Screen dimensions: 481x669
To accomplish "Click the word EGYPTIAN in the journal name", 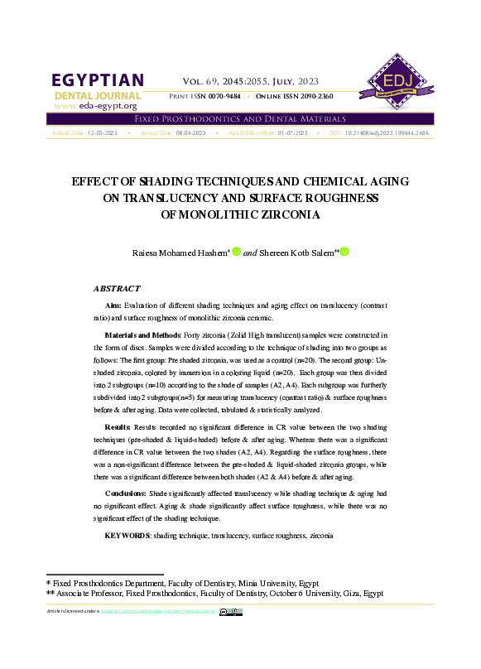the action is pyautogui.click(x=98, y=80).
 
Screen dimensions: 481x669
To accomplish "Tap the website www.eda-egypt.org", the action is pyautogui.click(x=95, y=106).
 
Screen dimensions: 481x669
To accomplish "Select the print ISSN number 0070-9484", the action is pyautogui.click(x=223, y=97).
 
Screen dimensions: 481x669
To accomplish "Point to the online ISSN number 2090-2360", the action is pyautogui.click(x=315, y=97).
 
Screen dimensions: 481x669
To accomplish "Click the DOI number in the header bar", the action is pyautogui.click(x=386, y=132).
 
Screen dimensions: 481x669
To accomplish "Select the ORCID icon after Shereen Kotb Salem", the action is pyautogui.click(x=344, y=252).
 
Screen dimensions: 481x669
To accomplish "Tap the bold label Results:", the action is pyautogui.click(x=118, y=426).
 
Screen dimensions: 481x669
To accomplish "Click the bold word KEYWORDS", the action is pyautogui.click(x=127, y=537).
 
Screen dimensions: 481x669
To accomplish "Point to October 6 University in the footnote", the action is pyautogui.click(x=303, y=594).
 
